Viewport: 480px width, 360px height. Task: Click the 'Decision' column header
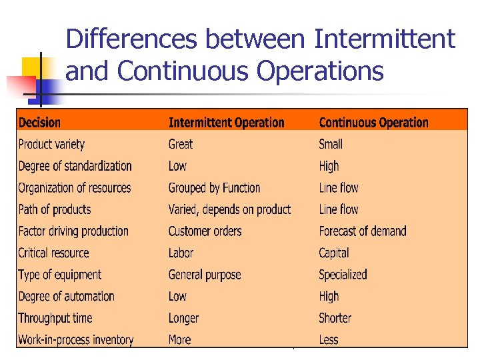[x=39, y=123]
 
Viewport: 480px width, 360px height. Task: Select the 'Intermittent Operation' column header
[x=226, y=123]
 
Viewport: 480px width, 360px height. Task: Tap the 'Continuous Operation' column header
[x=373, y=123]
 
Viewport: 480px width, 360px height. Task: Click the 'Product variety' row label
[x=51, y=144]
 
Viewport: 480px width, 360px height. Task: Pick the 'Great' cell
[x=180, y=144]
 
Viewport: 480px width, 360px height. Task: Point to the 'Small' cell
[x=331, y=144]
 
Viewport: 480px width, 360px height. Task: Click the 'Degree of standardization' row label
[x=75, y=166]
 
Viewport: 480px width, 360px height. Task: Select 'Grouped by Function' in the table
[x=214, y=188]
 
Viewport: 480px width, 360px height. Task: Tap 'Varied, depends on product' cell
[x=229, y=209]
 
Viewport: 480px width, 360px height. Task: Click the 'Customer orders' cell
[x=205, y=231]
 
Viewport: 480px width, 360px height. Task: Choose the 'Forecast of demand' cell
[x=362, y=231]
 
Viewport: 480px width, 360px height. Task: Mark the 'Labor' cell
[x=181, y=253]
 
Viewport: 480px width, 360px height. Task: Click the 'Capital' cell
[x=333, y=253]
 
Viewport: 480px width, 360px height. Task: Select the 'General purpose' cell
[x=204, y=275]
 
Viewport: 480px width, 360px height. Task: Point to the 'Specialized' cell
[x=343, y=275]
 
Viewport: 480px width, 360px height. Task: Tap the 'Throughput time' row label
[x=55, y=318]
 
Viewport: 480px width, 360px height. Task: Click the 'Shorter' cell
[x=335, y=318]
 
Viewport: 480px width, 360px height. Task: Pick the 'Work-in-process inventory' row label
[x=75, y=340]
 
